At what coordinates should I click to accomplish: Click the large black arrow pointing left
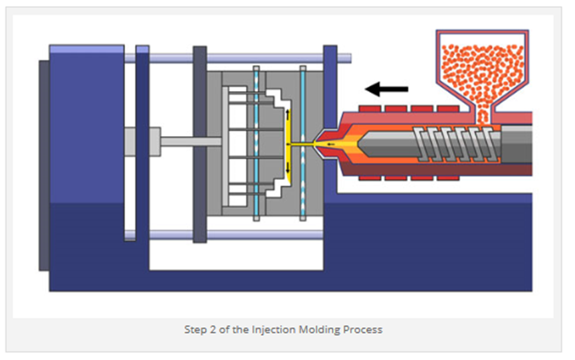point(386,89)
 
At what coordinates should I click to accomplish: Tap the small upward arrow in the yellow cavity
point(287,114)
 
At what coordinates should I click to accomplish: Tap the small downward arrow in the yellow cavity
point(287,167)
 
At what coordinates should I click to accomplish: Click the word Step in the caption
point(195,329)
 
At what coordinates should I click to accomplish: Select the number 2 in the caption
point(213,329)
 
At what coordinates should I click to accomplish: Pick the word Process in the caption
point(363,329)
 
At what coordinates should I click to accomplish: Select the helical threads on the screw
point(457,144)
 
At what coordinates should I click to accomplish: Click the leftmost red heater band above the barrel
point(370,108)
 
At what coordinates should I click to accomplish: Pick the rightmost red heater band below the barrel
point(448,178)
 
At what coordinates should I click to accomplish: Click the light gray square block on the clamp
point(143,141)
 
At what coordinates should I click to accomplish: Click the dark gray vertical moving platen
point(200,144)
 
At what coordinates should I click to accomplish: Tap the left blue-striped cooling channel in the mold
point(257,143)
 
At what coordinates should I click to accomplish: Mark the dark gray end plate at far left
point(45,165)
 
